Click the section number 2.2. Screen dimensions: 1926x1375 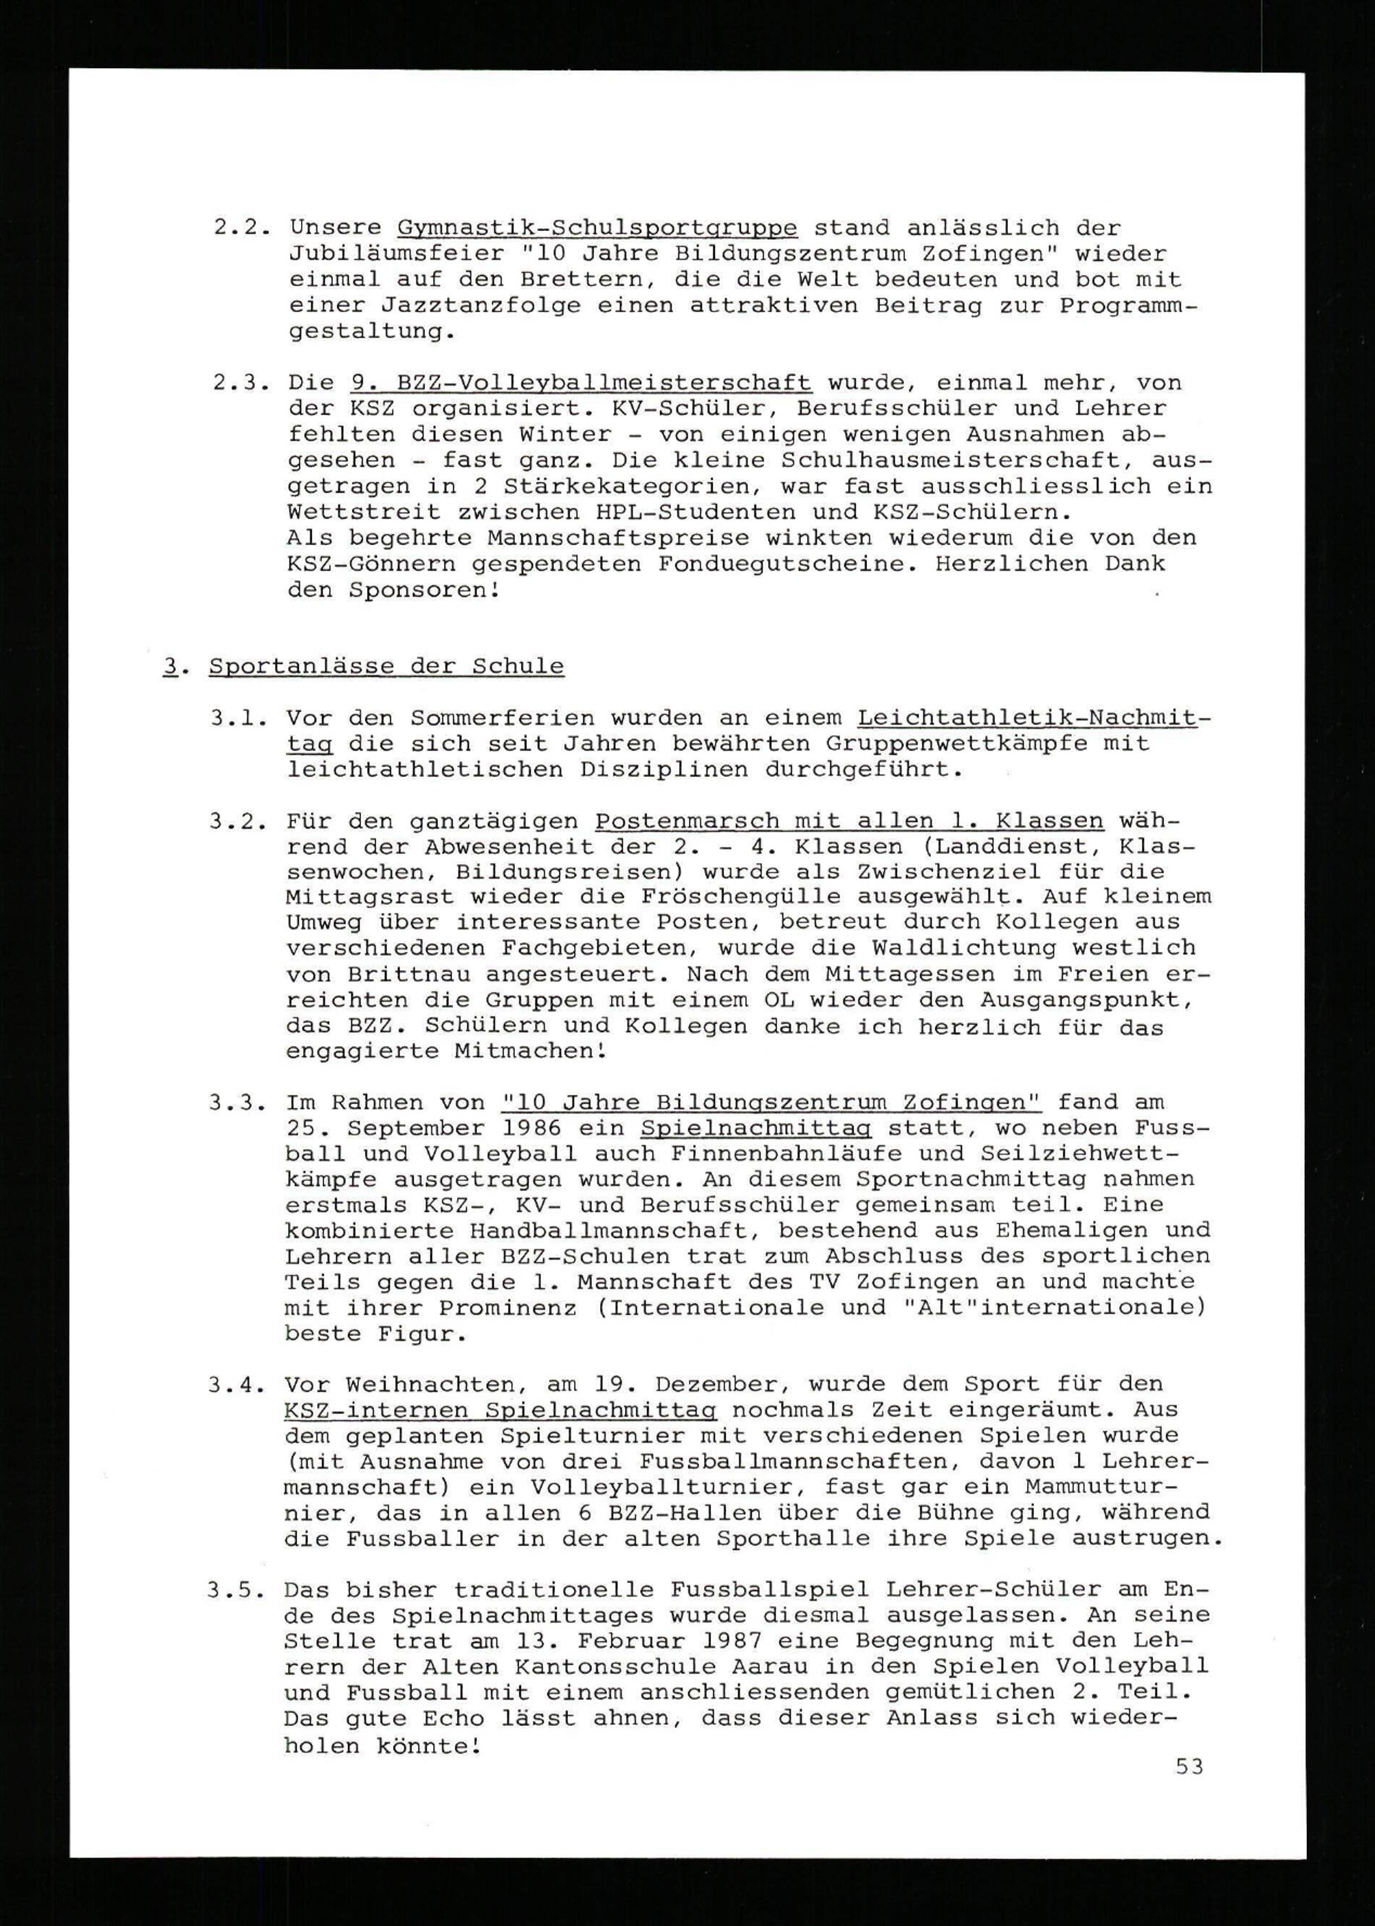(242, 229)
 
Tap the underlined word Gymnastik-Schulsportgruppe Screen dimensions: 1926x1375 (597, 229)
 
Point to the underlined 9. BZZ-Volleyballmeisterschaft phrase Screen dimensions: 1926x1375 (581, 383)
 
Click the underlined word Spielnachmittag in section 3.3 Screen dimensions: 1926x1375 (756, 1129)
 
